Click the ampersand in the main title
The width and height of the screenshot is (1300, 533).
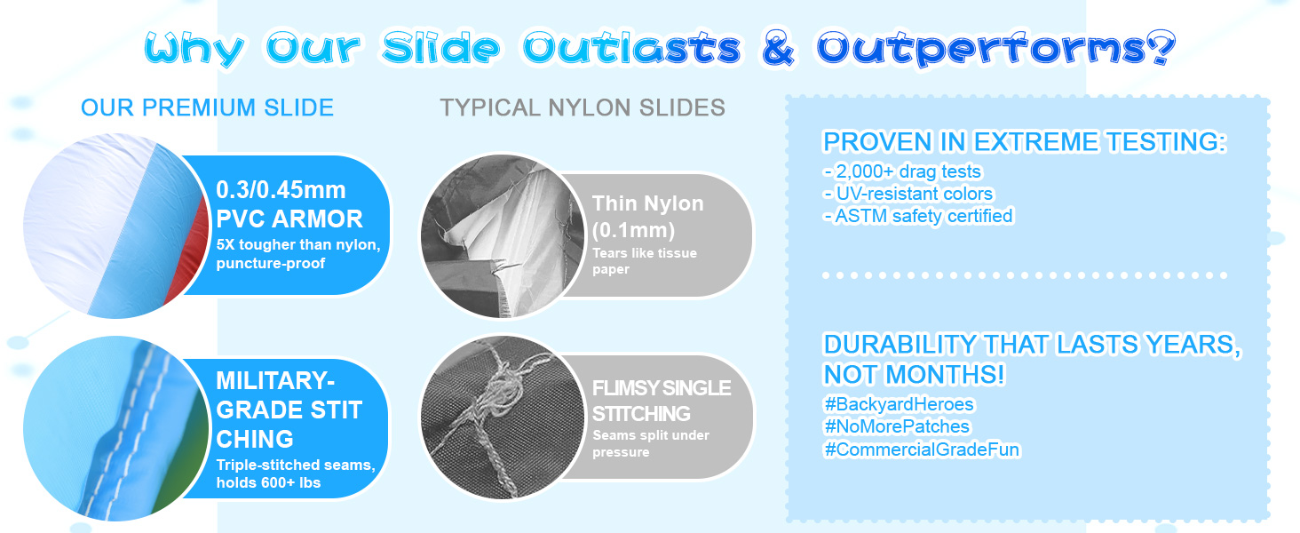click(778, 48)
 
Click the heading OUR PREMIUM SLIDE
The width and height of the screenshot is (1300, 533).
click(207, 107)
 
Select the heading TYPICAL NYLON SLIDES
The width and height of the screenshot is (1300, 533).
click(583, 107)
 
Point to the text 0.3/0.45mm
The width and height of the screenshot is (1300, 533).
click(281, 190)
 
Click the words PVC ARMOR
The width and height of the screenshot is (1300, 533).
click(289, 219)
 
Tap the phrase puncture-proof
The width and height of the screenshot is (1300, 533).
click(271, 264)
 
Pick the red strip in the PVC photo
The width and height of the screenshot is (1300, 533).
click(188, 250)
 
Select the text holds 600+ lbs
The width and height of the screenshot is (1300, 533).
click(268, 482)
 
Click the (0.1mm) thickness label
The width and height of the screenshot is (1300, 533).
click(633, 230)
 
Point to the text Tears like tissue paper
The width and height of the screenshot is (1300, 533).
click(645, 260)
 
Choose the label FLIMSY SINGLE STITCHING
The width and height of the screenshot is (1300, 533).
click(661, 401)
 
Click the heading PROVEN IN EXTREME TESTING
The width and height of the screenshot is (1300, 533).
click(1025, 141)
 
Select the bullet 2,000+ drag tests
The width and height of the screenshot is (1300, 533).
click(902, 171)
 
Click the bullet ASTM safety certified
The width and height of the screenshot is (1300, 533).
click(918, 216)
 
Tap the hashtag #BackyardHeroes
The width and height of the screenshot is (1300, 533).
click(899, 404)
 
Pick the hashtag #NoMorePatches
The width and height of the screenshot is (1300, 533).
click(897, 426)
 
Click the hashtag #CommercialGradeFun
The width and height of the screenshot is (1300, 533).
click(922, 449)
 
